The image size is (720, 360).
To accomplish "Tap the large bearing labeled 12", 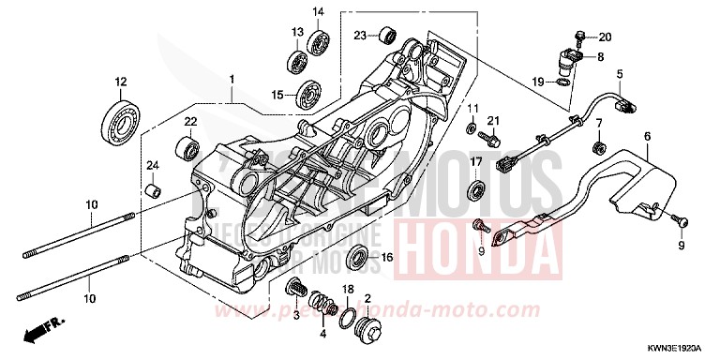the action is pyautogui.click(x=119, y=119).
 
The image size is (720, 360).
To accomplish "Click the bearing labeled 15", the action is pyautogui.click(x=307, y=94).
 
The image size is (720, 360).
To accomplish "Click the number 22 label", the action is pyautogui.click(x=189, y=123).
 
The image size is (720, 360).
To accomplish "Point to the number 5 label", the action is pyautogui.click(x=620, y=73).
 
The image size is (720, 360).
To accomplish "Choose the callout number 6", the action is pyautogui.click(x=647, y=138).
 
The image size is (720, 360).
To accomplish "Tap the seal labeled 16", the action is pyautogui.click(x=357, y=258).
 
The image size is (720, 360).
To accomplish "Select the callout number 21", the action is pyautogui.click(x=494, y=120).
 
